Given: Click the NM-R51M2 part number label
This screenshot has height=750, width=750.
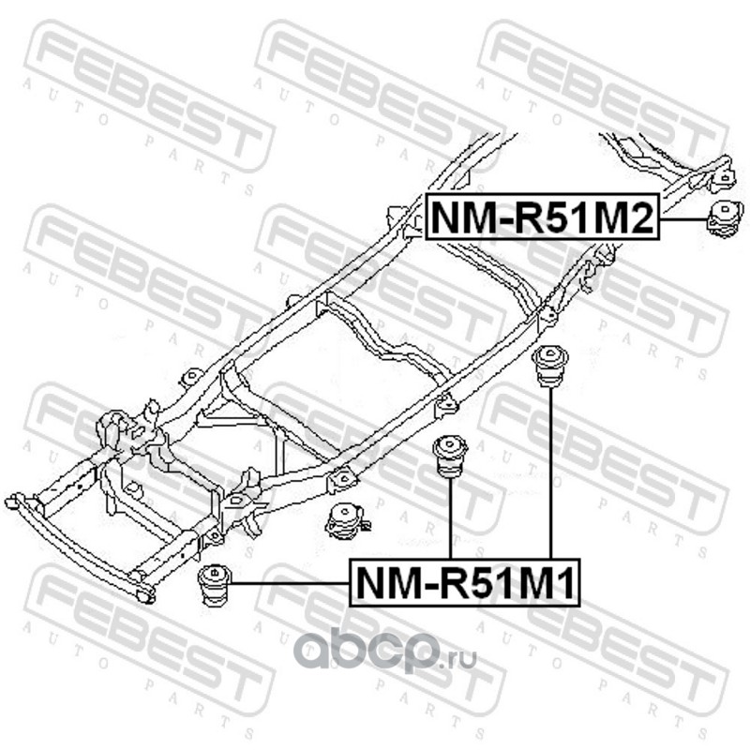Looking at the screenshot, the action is pos(541,217).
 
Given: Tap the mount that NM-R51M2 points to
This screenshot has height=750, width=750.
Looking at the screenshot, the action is pos(724,218).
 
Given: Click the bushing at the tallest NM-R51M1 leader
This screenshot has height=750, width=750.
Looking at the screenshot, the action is pos(550,367).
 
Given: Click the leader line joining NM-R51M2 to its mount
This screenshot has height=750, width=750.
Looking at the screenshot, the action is pos(682,218).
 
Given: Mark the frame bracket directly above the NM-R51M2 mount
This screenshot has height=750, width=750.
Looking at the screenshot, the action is pos(722,176).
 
